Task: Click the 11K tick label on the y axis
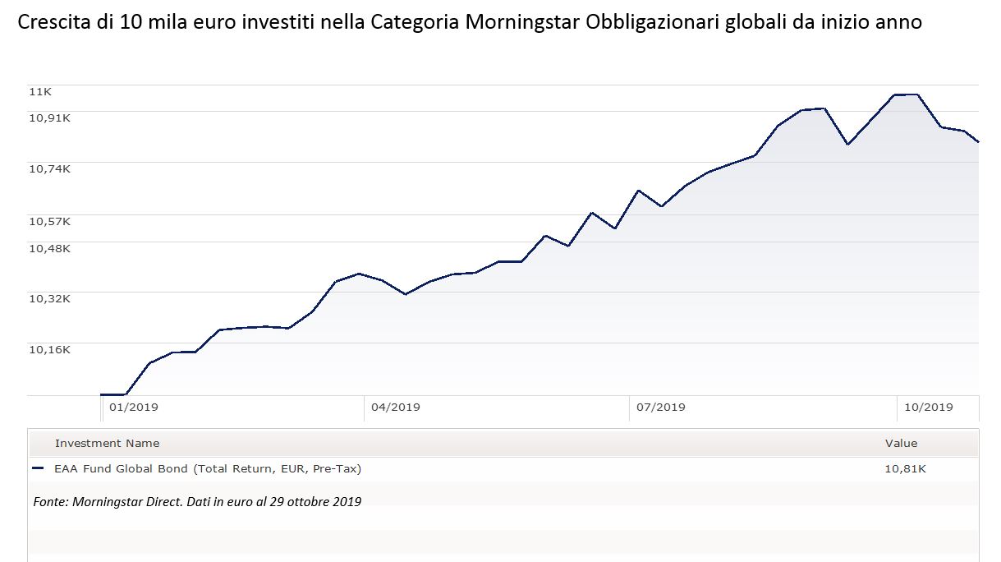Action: (40, 92)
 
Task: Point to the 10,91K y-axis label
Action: (50, 117)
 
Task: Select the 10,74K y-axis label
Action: (50, 168)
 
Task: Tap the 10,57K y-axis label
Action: (50, 221)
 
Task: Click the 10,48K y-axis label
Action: (50, 248)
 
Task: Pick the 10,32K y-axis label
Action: (50, 298)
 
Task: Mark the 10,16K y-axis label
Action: (50, 349)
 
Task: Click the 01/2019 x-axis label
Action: (134, 408)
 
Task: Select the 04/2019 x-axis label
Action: (396, 408)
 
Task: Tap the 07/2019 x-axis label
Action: (661, 408)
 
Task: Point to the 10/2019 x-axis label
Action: (928, 408)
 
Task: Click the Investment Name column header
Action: (107, 444)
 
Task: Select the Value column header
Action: (901, 444)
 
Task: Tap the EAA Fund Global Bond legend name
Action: (208, 469)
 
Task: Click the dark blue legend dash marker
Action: (37, 469)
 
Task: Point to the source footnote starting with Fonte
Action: (197, 501)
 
